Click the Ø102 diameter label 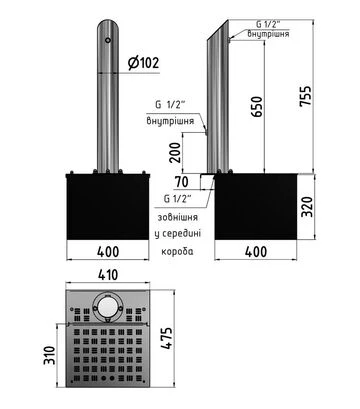pyautogui.click(x=144, y=63)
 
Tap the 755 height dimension pyautogui.click(x=306, y=96)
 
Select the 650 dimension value pyautogui.click(x=257, y=107)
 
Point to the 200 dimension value pyautogui.click(x=175, y=152)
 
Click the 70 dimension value pyautogui.click(x=182, y=182)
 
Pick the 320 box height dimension pyautogui.click(x=307, y=207)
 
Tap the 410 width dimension pyautogui.click(x=108, y=275)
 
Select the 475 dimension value pyautogui.click(x=167, y=338)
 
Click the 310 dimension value pyautogui.click(x=49, y=355)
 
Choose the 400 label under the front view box pyautogui.click(x=108, y=252)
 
